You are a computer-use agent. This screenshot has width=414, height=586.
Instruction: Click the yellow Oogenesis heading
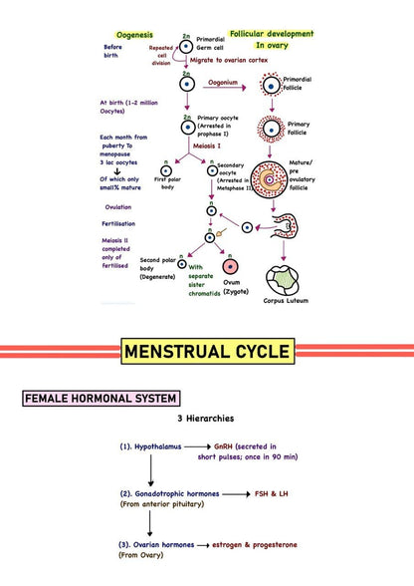pyautogui.click(x=133, y=34)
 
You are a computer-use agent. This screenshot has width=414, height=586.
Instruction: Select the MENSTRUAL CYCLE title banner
pyautogui.click(x=208, y=351)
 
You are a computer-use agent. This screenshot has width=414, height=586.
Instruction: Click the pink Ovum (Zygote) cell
pyautogui.click(x=231, y=267)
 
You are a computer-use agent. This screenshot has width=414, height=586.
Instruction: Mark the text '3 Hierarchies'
pyautogui.click(x=207, y=421)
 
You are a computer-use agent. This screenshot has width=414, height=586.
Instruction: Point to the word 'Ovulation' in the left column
pyautogui.click(x=117, y=207)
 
